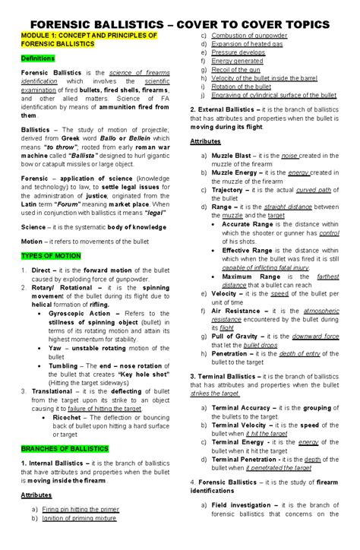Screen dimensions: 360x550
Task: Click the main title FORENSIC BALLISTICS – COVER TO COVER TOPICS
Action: (180, 24)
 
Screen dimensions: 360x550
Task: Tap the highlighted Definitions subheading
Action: (37, 58)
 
